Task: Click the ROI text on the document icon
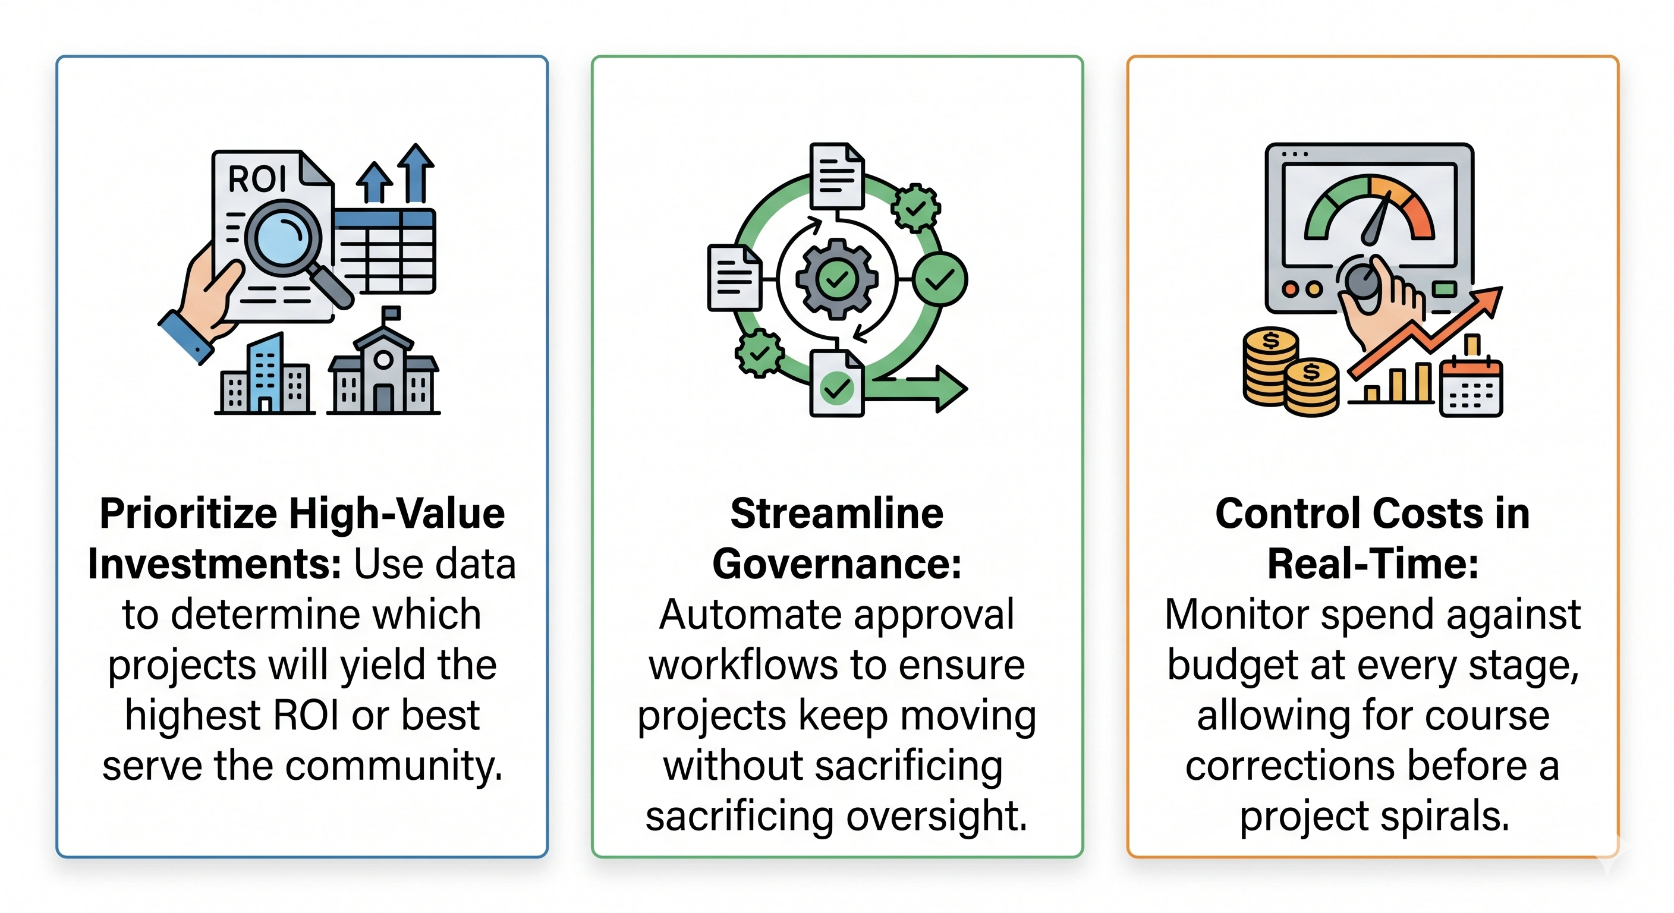[257, 179]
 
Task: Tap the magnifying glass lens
[283, 238]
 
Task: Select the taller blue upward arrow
[416, 173]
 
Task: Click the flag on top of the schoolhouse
[392, 313]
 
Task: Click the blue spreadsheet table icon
[385, 251]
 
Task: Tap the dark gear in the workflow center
[837, 279]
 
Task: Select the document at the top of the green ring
[837, 176]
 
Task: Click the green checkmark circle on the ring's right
[940, 279]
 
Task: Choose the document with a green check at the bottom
[837, 383]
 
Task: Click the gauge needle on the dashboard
[1378, 218]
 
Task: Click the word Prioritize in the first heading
[188, 514]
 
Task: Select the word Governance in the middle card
[837, 564]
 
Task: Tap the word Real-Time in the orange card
[1373, 564]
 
